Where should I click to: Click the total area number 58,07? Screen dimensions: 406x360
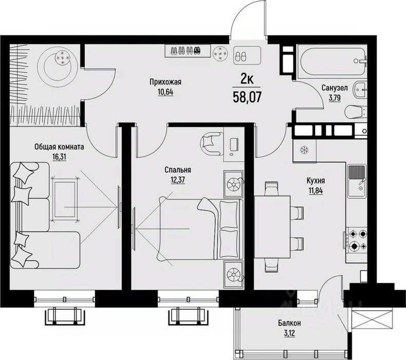coord(247,97)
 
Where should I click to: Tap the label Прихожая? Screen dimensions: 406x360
coord(165,82)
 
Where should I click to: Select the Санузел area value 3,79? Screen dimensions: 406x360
coord(335,98)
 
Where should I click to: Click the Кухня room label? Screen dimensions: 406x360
coord(316,181)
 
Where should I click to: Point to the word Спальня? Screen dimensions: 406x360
coord(178,170)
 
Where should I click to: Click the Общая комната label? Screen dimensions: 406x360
coord(59,147)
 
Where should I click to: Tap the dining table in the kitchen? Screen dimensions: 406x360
coord(272,227)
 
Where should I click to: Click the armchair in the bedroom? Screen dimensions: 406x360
coord(212,143)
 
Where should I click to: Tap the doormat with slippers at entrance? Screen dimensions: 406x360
coord(247,56)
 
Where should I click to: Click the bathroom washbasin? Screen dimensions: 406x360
coord(360,90)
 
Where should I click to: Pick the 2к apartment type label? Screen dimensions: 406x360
coord(247,79)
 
